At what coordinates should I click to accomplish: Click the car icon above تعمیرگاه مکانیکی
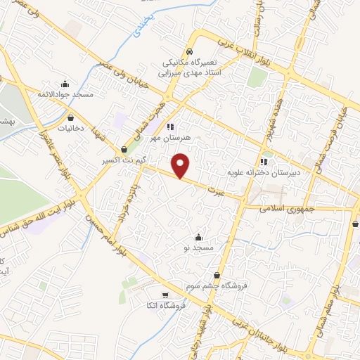pyautogui.click(x=189, y=52)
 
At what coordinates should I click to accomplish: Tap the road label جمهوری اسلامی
pyautogui.click(x=289, y=209)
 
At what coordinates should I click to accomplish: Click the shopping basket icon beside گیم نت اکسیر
pyautogui.click(x=124, y=149)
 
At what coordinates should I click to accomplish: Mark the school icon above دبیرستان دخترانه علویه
pyautogui.click(x=264, y=160)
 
